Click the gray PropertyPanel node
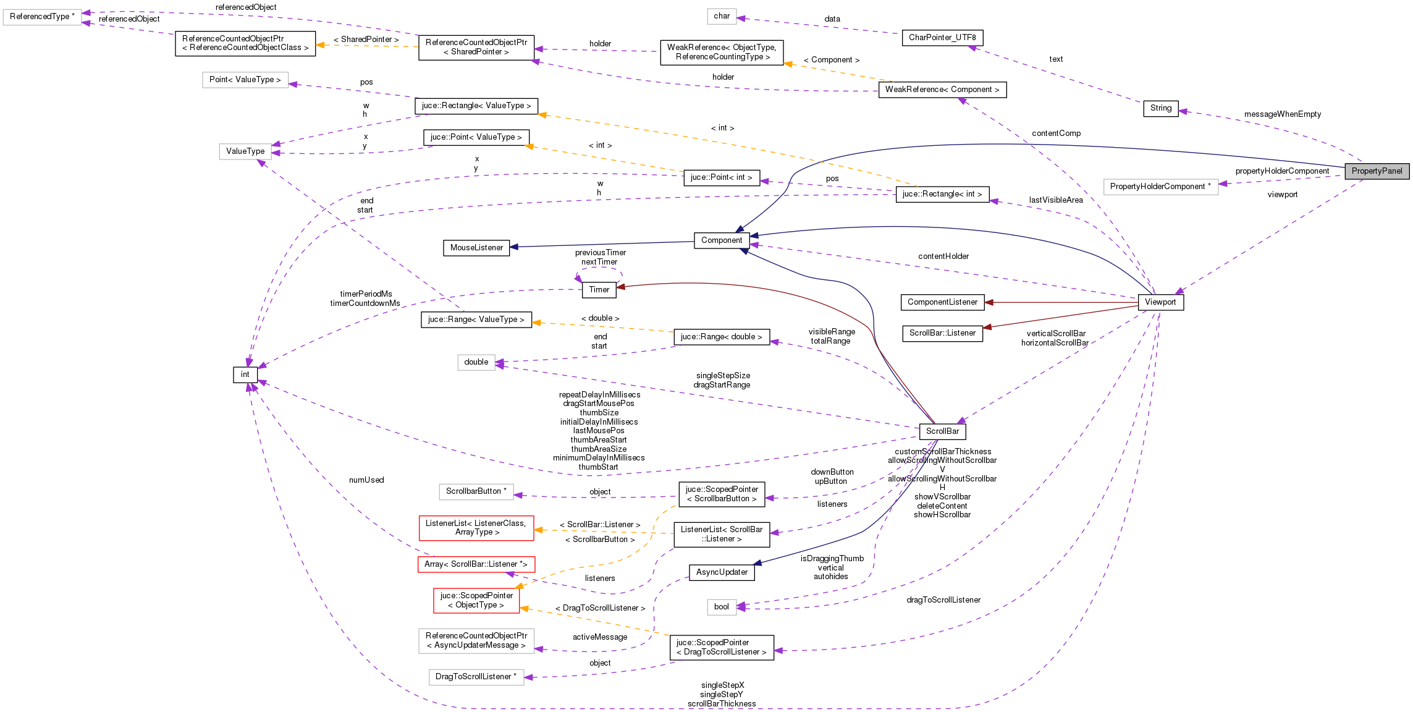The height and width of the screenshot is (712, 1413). pyautogui.click(x=1377, y=171)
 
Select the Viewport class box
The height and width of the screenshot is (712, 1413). pyautogui.click(x=1160, y=302)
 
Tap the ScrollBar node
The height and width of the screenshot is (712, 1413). pyautogui.click(x=942, y=431)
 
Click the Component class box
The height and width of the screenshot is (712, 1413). pyautogui.click(x=722, y=240)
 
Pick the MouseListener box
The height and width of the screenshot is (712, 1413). pyautogui.click(x=476, y=248)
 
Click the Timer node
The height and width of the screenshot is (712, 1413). pyautogui.click(x=599, y=290)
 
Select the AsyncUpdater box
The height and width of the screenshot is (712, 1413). pyautogui.click(x=722, y=572)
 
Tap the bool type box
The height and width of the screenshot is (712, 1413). pyautogui.click(x=721, y=607)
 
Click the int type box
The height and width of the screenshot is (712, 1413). pyautogui.click(x=245, y=375)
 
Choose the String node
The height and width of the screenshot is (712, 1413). pyautogui.click(x=1160, y=108)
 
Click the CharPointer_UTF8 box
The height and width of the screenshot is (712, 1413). pyautogui.click(x=942, y=38)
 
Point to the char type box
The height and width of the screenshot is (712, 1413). pyautogui.click(x=721, y=16)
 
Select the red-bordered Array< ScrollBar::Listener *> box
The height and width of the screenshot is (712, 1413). pyautogui.click(x=476, y=564)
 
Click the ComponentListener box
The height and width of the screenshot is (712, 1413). pyautogui.click(x=942, y=302)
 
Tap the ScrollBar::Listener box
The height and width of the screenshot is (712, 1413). pyautogui.click(x=942, y=333)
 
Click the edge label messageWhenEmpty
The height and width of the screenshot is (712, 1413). pyautogui.click(x=1282, y=114)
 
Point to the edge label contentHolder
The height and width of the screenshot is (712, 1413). pyautogui.click(x=943, y=256)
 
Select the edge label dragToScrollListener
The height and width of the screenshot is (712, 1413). pyautogui.click(x=943, y=600)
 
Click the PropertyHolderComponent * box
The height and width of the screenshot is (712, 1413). pyautogui.click(x=1160, y=187)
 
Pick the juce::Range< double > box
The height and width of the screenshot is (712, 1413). pyautogui.click(x=721, y=337)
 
